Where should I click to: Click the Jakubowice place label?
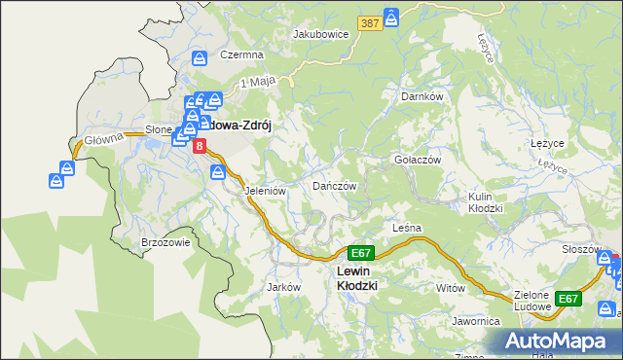click(320, 33)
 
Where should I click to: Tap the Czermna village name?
click(242, 55)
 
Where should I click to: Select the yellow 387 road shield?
click(368, 22)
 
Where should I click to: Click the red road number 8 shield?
click(200, 146)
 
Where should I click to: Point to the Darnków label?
click(422, 96)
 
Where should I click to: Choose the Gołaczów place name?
click(418, 160)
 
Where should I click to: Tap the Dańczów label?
click(335, 185)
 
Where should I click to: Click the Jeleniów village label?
click(265, 191)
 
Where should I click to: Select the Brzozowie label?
click(165, 242)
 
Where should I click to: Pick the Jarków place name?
click(283, 287)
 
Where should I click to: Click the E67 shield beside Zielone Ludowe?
click(568, 299)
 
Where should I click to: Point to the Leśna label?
click(406, 228)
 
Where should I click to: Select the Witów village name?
click(451, 288)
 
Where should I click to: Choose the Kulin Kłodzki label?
click(484, 202)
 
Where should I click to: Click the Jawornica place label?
click(475, 320)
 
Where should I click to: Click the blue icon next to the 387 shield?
click(391, 18)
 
